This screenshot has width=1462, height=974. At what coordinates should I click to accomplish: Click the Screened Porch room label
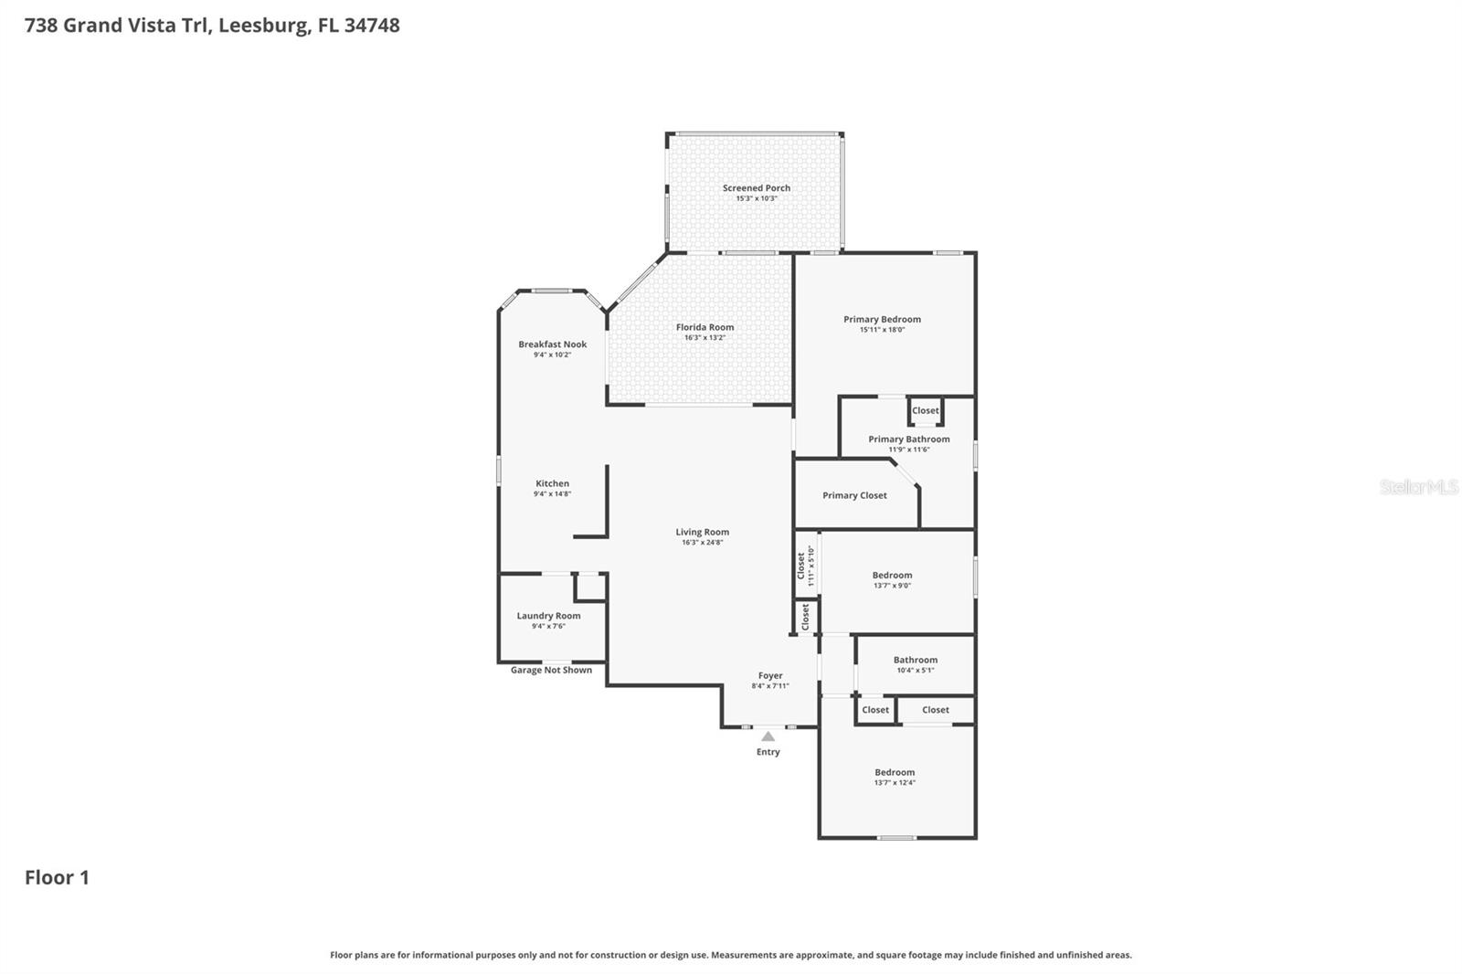click(756, 188)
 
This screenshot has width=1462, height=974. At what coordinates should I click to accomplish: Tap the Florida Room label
click(705, 327)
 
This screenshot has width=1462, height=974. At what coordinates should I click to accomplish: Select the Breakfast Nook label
click(552, 344)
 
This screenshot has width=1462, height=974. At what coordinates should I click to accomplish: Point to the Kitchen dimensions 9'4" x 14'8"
click(552, 494)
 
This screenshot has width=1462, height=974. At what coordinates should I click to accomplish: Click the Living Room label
click(702, 532)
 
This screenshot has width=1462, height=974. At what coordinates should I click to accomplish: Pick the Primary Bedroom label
click(882, 319)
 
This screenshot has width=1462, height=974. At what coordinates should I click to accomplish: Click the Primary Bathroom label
click(908, 439)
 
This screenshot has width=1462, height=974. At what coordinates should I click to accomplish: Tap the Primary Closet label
click(854, 495)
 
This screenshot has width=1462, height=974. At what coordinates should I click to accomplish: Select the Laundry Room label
click(548, 616)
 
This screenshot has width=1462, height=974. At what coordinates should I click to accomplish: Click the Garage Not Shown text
click(551, 670)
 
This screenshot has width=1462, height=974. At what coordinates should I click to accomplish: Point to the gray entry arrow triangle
click(768, 736)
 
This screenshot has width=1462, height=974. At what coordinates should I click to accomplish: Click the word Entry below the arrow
click(768, 752)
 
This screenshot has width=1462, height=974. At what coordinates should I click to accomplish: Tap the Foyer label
click(770, 676)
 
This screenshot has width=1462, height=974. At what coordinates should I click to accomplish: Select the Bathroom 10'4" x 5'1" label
click(915, 660)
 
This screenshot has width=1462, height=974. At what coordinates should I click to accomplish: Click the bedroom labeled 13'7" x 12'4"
click(894, 773)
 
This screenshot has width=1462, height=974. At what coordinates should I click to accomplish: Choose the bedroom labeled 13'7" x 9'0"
click(892, 576)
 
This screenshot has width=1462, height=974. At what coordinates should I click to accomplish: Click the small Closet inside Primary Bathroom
click(925, 410)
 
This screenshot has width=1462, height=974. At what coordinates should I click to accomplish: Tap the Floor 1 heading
click(57, 878)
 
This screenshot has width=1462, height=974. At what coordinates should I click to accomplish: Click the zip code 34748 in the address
click(372, 25)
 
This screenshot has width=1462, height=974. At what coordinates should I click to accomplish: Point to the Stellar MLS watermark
click(1418, 487)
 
